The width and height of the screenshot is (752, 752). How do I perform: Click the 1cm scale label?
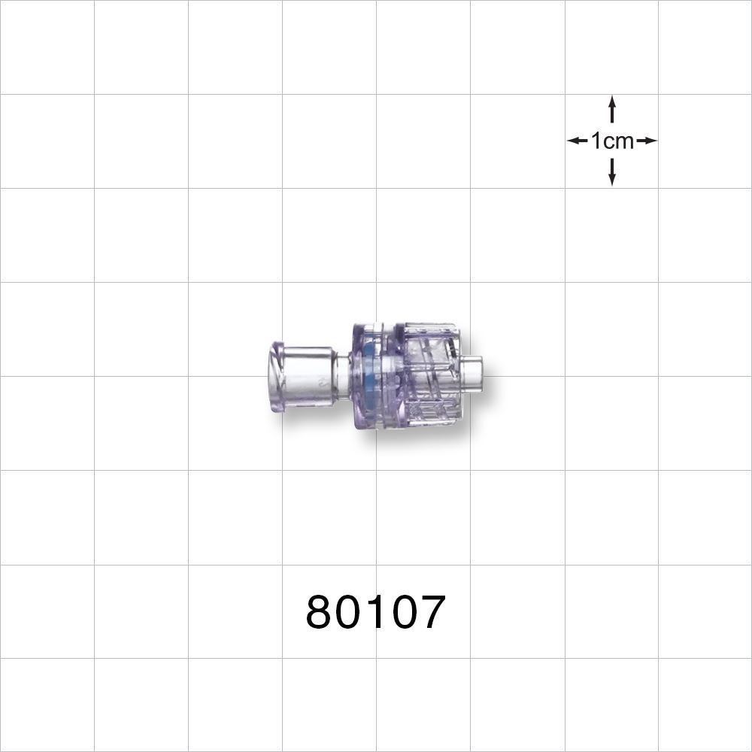coord(612,141)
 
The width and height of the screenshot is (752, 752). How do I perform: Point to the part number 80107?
coord(376,613)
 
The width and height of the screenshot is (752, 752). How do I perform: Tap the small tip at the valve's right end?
coord(472,374)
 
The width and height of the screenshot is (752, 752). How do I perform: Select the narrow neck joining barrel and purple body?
coord(343,374)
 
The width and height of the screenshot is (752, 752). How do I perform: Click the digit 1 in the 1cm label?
coord(596,141)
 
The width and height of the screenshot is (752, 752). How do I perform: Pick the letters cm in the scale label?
coord(618,141)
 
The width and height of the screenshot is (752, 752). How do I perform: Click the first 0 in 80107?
coord(348,613)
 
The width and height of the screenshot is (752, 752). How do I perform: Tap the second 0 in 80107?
coord(402,613)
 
